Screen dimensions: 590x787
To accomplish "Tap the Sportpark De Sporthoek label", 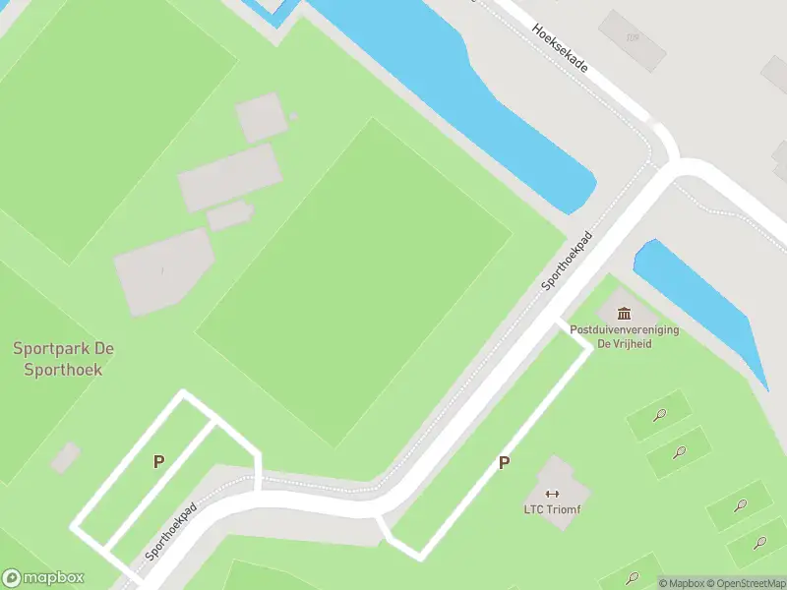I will click(57, 359).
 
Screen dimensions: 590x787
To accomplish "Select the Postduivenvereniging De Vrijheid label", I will click(624, 337).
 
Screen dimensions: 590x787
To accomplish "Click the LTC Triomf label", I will click(551, 509).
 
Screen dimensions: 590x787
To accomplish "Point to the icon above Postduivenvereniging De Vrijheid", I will click(625, 314).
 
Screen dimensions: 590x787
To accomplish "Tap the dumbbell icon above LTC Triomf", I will click(551, 494).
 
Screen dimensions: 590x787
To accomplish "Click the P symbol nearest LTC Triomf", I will click(505, 463).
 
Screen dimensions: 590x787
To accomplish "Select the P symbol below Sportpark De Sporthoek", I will click(158, 461).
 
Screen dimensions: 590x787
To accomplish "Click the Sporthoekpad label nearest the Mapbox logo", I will click(171, 532).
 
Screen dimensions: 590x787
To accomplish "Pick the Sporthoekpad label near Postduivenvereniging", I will click(570, 262).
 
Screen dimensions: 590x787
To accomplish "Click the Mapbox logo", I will click(43, 578).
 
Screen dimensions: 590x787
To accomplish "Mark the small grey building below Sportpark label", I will click(66, 456).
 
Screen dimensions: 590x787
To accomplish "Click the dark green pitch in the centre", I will click(354, 275).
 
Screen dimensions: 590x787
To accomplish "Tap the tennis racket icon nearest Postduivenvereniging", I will click(660, 416).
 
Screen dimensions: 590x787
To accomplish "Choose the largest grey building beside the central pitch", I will click(162, 270).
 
